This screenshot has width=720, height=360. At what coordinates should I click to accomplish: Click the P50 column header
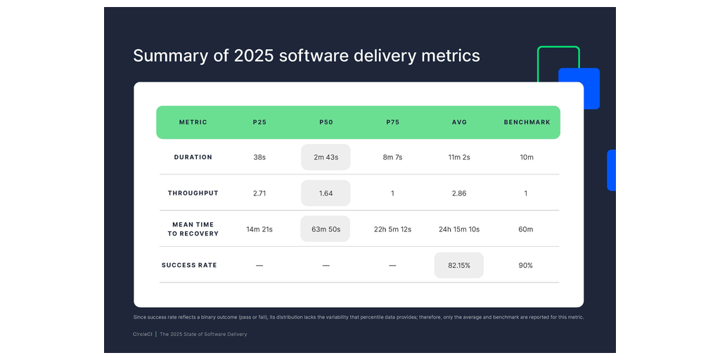tap(326, 122)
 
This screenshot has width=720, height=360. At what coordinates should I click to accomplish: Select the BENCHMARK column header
tap(527, 122)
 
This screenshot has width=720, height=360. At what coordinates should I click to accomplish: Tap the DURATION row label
tap(193, 157)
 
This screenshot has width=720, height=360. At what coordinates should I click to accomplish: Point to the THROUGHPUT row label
tap(193, 193)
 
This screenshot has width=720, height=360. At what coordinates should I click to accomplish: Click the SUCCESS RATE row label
tap(189, 265)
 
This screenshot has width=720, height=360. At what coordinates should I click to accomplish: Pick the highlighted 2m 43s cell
tap(326, 157)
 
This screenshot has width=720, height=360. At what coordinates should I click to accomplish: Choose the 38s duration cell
tap(259, 157)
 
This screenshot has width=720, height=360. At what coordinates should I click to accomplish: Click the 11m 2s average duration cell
tap(458, 157)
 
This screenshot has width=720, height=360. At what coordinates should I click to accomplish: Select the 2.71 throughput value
tap(259, 193)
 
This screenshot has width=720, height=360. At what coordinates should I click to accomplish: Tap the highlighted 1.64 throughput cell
tap(326, 193)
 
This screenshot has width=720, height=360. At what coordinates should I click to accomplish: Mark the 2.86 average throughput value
tap(458, 193)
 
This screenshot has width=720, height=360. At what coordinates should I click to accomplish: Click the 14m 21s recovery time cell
tap(259, 229)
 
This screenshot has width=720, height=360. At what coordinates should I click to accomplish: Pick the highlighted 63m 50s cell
tap(326, 229)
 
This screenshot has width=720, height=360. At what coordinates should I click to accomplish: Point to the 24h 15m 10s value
tap(458, 229)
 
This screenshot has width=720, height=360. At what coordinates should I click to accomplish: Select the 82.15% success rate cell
tap(458, 265)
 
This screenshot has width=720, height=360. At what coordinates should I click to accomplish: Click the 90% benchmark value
tap(526, 265)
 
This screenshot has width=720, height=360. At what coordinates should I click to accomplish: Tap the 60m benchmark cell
tap(526, 229)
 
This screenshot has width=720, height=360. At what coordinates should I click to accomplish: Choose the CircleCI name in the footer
tap(143, 334)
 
